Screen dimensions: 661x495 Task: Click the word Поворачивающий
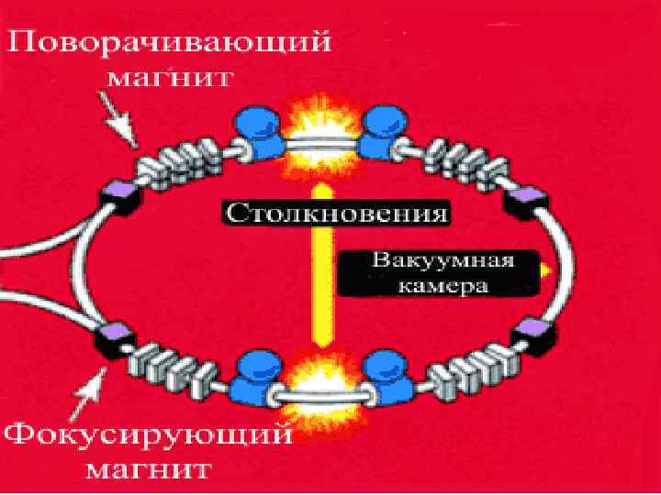tap(167, 43)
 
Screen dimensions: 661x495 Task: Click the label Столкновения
tap(336, 214)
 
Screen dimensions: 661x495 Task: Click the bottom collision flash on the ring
tap(316, 385)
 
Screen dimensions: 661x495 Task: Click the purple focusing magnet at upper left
tap(119, 192)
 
